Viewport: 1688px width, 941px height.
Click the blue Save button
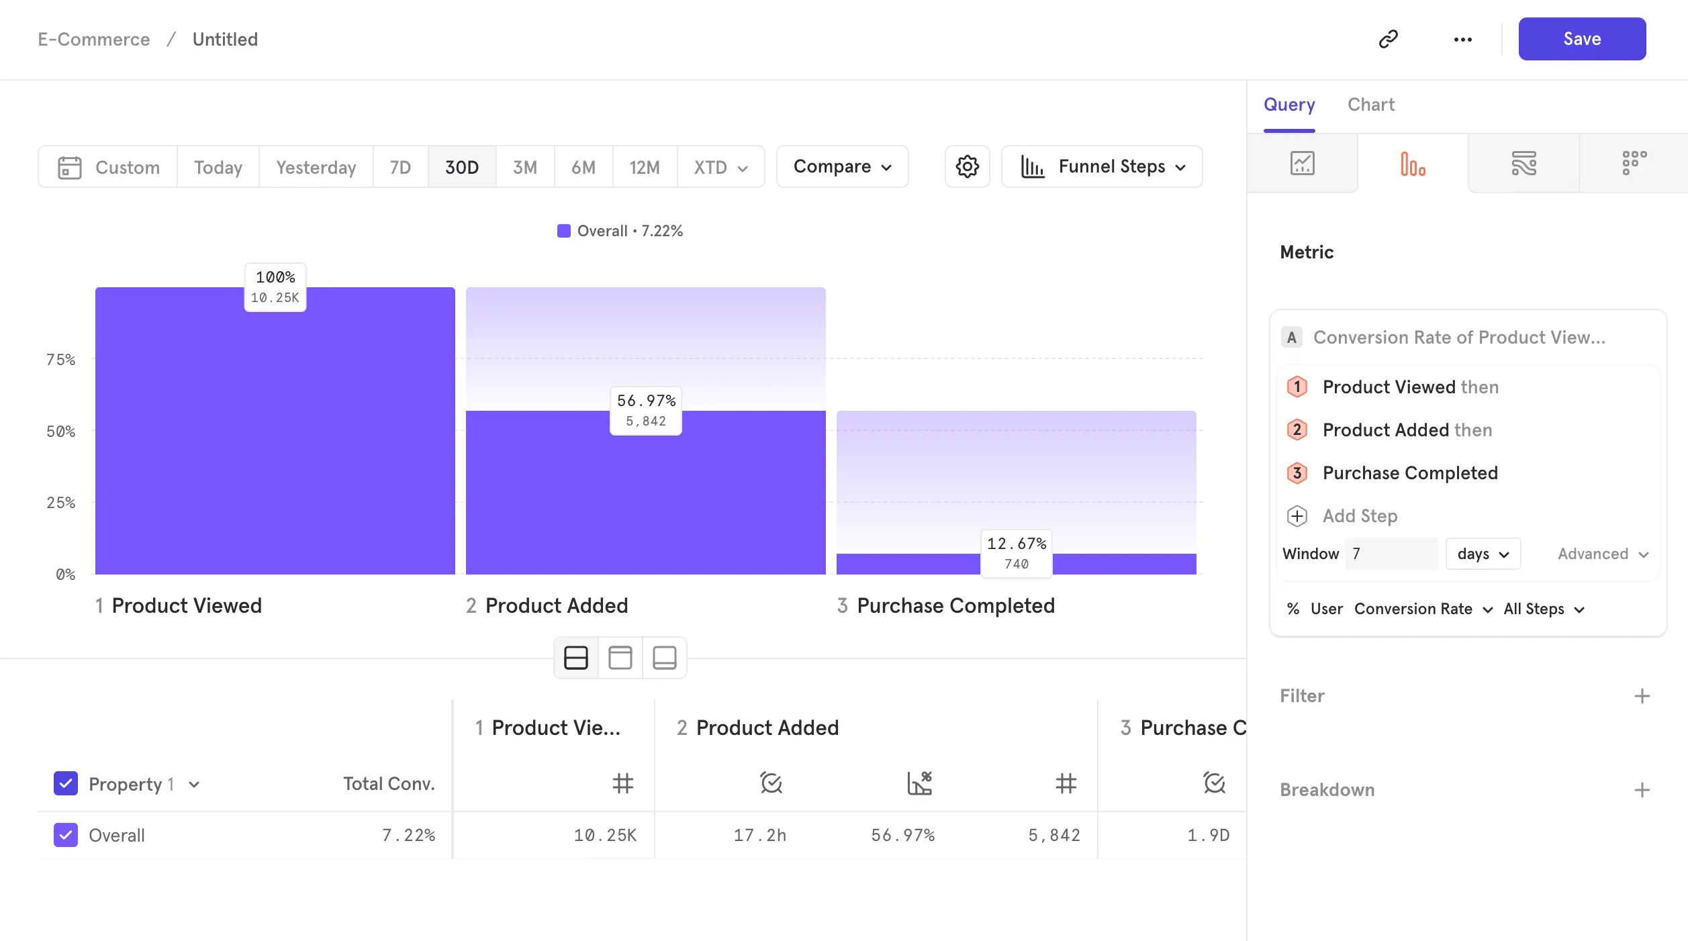[x=1581, y=39]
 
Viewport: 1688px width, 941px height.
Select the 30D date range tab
[x=461, y=167]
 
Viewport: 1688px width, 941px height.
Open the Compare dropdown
[x=842, y=166]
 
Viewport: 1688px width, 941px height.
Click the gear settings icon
[x=967, y=166]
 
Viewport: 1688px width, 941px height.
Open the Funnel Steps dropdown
[x=1102, y=166]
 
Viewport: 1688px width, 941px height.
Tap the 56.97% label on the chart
[x=646, y=401]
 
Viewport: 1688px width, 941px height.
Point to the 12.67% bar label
[x=1016, y=544]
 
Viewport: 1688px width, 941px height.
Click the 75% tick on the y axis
[x=60, y=360]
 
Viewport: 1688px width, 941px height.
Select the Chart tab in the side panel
[x=1370, y=105]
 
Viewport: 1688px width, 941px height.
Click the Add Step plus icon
[x=1297, y=516]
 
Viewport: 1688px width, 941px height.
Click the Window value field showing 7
[x=1391, y=554]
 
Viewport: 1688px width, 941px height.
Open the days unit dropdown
[x=1483, y=554]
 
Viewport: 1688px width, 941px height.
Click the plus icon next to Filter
[x=1642, y=696]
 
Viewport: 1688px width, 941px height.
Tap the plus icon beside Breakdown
[x=1642, y=790]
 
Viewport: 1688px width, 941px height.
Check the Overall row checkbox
[x=66, y=835]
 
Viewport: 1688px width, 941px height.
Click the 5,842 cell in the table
[x=1053, y=835]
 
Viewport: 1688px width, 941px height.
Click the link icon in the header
[x=1388, y=39]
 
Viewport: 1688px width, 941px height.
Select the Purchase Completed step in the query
[x=1409, y=473]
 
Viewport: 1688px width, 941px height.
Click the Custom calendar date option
[x=109, y=167]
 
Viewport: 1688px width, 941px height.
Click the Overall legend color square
[x=564, y=231]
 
